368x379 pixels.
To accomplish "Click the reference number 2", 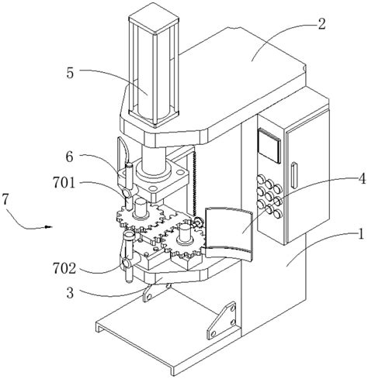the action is point(321,24).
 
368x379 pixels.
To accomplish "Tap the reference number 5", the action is point(70,73).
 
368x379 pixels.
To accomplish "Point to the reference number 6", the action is point(69,157).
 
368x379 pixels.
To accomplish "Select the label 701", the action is point(64,183).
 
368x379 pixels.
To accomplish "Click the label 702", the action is point(64,268).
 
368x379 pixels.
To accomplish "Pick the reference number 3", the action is point(70,293).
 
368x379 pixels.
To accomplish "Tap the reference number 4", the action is point(362,179).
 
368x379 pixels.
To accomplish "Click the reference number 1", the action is point(361,234).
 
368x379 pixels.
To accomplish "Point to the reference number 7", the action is point(5,199).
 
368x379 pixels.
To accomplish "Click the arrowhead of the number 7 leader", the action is point(49,227).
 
